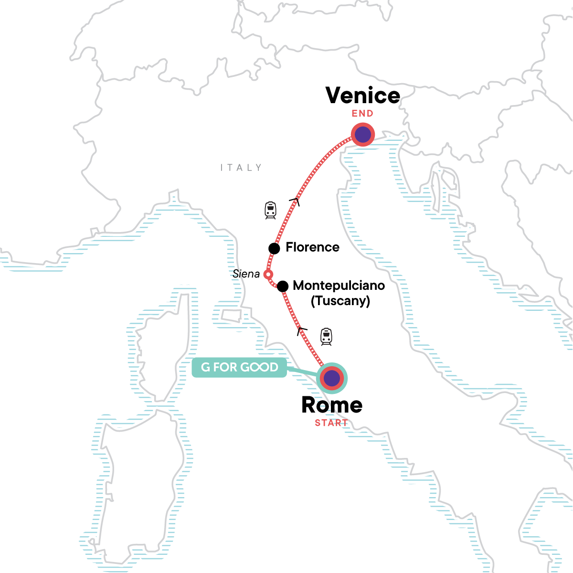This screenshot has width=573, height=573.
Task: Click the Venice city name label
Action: coord(363,95)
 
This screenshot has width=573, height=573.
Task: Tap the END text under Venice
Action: coord(362,114)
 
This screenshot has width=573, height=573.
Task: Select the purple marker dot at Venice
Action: coord(363,135)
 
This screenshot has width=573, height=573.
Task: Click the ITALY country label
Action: coord(241,168)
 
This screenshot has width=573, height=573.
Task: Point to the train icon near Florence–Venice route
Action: coord(271,210)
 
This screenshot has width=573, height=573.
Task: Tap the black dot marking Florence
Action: coord(274,248)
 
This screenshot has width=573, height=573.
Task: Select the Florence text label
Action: coord(312,247)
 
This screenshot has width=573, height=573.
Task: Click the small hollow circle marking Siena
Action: coord(268,275)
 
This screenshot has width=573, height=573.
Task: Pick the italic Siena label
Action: coord(246,274)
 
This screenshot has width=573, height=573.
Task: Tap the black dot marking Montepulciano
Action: coord(283,286)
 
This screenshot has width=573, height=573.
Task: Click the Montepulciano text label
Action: coord(339,286)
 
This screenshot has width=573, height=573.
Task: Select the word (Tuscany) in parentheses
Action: coord(340,301)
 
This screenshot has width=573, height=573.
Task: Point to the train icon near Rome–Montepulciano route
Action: coord(326,337)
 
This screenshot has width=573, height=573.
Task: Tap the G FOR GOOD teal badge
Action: coord(240,367)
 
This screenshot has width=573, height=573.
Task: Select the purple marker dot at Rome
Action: coord(332,379)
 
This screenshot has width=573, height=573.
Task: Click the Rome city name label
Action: coord(332,405)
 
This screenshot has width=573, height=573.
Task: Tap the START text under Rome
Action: coord(331,423)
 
